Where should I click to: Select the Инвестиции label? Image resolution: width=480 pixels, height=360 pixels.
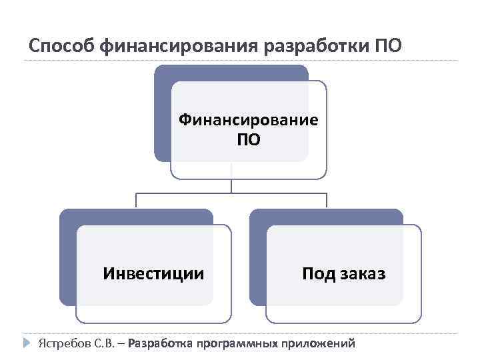153,273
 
